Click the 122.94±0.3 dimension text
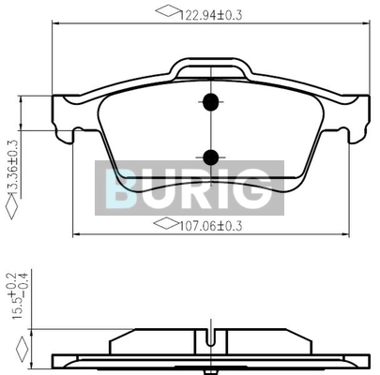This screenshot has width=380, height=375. (211, 15)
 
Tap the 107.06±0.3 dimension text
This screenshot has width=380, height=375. (210, 226)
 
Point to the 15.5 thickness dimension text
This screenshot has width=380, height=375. (18, 295)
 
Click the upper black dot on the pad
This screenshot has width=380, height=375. (210, 102)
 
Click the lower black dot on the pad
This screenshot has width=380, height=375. (210, 157)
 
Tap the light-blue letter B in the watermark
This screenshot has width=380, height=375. (120, 188)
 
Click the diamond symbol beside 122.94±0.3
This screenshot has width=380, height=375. (169, 10)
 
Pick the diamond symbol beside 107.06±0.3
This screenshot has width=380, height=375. (167, 223)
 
